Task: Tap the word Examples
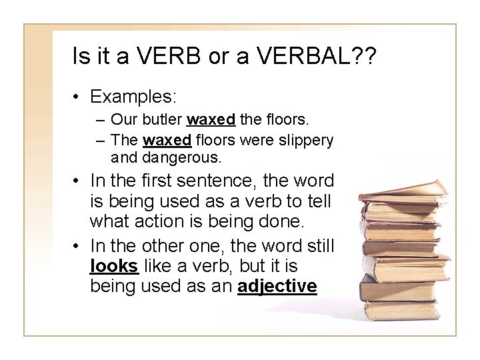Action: (133, 97)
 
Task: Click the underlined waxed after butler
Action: (211, 121)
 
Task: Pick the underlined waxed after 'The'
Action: (168, 141)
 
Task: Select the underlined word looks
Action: (114, 266)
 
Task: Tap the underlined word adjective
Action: (277, 286)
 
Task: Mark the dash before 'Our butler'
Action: (99, 121)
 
